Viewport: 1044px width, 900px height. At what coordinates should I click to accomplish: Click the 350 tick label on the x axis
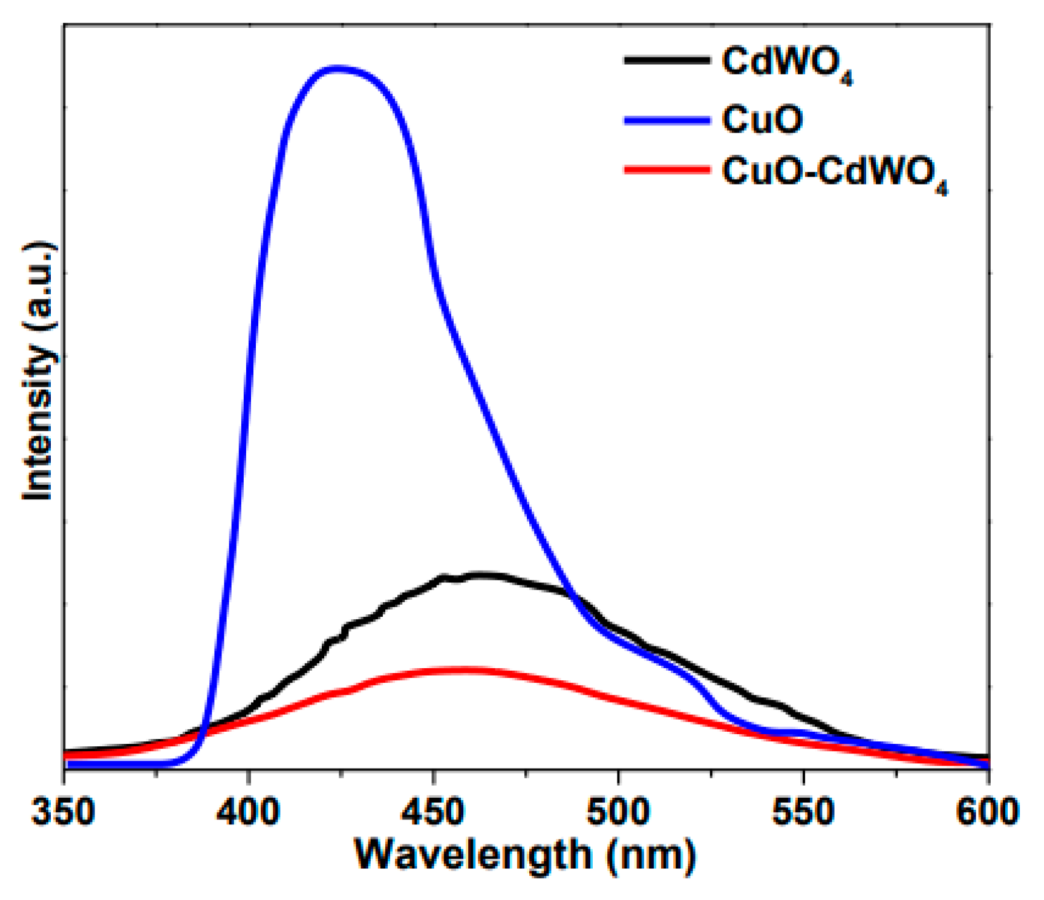coord(64,811)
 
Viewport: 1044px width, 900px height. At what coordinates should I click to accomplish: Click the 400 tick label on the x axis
coord(249,811)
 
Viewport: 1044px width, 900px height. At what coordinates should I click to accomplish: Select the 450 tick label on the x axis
coord(433,811)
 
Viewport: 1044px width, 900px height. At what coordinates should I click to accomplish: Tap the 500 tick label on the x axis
coord(618,811)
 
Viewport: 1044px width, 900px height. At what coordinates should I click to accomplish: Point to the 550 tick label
coord(803,811)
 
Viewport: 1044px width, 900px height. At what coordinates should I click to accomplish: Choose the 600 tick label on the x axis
coord(987,811)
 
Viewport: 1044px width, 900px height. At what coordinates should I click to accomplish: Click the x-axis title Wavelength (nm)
coord(525,855)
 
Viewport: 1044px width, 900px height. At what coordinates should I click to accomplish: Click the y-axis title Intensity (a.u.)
coord(38,370)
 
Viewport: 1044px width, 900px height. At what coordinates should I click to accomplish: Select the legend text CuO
coord(762,119)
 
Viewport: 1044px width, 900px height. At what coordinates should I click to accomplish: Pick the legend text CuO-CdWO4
coord(835,172)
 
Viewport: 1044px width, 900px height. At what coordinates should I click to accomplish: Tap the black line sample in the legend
coord(667,60)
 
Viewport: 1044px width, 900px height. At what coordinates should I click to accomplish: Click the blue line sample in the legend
coord(667,120)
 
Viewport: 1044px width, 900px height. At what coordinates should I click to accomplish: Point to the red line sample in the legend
coord(667,169)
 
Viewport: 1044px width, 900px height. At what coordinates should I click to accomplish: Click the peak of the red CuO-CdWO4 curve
coord(463,669)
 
